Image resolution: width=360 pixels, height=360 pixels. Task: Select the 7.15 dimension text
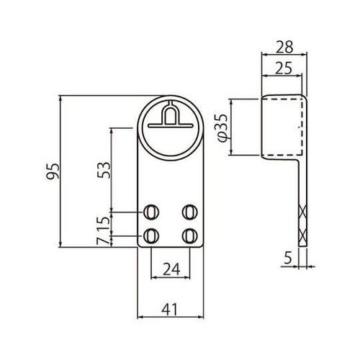pos(102,229)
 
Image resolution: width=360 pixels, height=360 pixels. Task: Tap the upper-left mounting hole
pos(152,212)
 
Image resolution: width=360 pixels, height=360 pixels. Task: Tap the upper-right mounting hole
pos(189,212)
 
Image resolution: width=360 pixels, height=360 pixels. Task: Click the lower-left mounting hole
pos(152,235)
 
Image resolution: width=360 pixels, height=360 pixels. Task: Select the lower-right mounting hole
pos(189,235)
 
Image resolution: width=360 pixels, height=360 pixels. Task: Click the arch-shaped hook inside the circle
pos(171,116)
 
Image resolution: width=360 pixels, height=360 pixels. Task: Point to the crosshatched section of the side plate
pos(303,223)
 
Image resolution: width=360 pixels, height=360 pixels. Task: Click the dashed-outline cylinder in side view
pos(282,127)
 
